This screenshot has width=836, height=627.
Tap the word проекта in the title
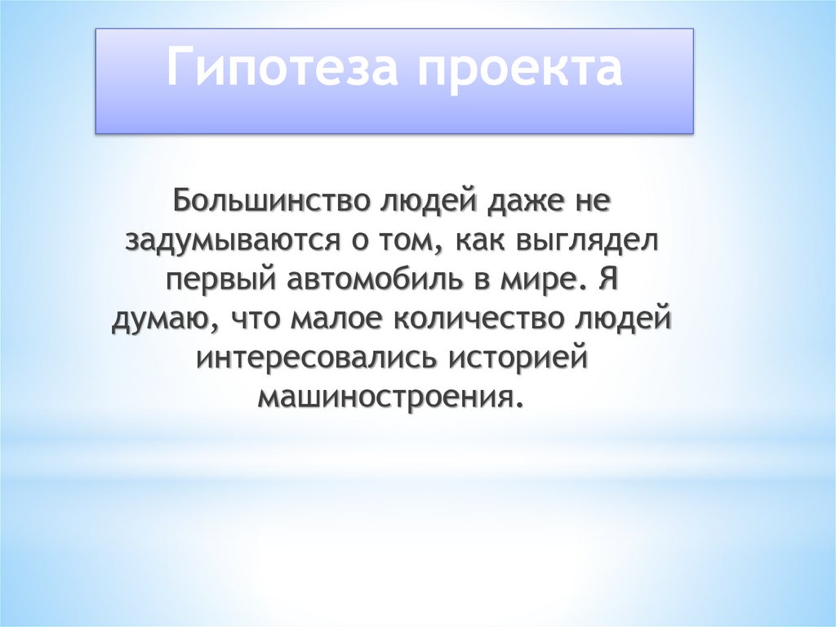tap(520, 69)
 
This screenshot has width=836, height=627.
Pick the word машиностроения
tap(389, 397)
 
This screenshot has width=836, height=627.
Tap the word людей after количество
tap(624, 319)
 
